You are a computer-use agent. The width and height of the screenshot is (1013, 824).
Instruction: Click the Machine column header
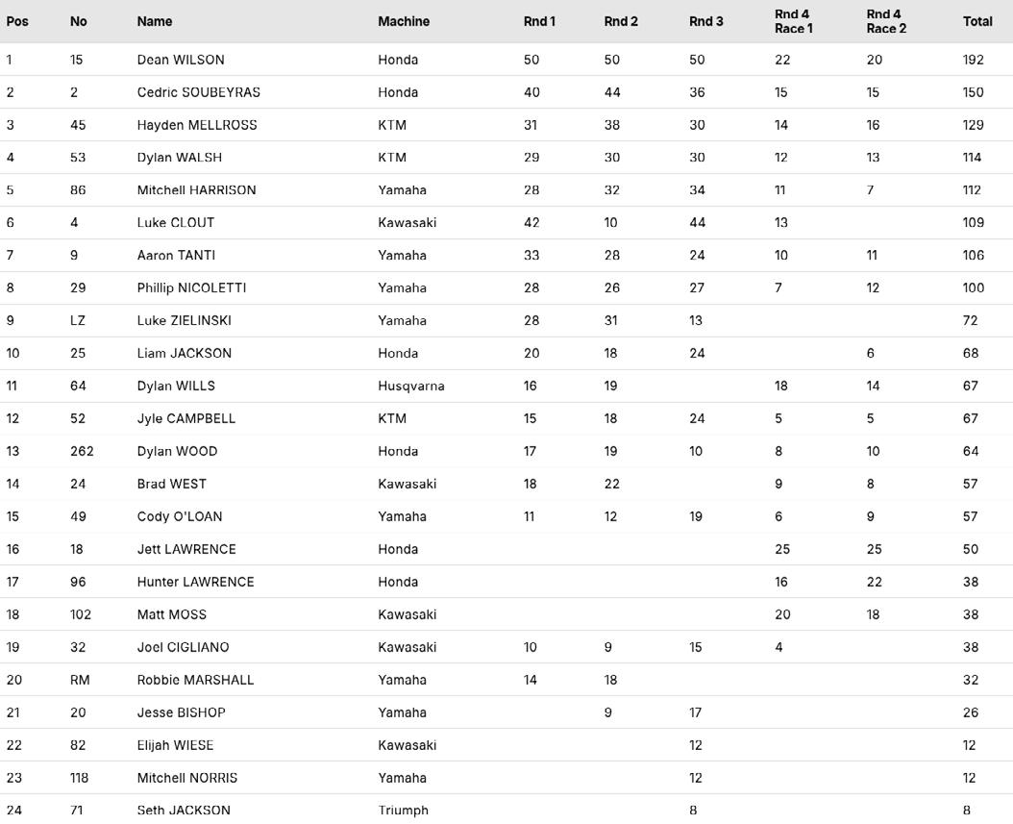pos(404,21)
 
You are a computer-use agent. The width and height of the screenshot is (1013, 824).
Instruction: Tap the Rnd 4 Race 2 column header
pos(885,21)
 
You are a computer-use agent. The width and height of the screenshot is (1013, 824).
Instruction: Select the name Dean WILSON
pos(181,60)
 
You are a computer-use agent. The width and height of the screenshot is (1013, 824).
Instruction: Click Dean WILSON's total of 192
pos(973,60)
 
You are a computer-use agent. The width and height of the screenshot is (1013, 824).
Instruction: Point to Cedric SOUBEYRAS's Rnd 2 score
pos(612,92)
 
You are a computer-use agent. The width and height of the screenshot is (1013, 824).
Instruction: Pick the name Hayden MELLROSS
pos(197,125)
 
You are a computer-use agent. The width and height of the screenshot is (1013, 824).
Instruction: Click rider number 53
pos(78,158)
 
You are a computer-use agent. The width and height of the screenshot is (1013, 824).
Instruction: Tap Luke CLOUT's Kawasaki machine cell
pos(407,223)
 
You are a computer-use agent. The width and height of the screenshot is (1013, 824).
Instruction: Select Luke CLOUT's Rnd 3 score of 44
pos(697,223)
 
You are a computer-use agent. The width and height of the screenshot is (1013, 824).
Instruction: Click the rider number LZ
pos(77,321)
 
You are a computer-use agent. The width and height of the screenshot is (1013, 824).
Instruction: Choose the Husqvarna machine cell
pos(411,387)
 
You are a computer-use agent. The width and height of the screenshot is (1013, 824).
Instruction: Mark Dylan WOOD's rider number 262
pos(82,452)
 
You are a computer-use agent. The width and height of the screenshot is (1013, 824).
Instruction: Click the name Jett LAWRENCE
pos(186,550)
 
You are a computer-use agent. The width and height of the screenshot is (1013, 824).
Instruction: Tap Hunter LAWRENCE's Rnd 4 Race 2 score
pos(874,583)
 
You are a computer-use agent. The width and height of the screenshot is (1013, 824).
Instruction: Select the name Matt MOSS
pos(171,615)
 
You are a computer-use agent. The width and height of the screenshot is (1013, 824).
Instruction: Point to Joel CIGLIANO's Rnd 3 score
pos(696,648)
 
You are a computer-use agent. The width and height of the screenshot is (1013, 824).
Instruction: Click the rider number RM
pos(80,681)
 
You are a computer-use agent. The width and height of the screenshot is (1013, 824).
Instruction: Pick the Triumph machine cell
pos(403,811)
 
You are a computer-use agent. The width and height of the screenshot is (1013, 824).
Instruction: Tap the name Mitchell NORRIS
pos(186,779)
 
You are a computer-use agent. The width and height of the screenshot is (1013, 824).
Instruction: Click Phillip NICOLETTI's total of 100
pos(973,288)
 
